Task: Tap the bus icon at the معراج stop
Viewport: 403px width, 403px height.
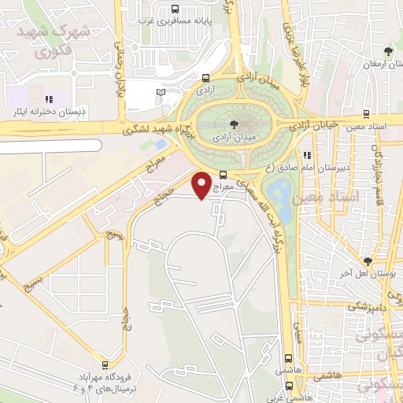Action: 223,175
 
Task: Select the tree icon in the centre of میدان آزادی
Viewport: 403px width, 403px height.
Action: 233,124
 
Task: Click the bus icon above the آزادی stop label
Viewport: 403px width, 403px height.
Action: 205,79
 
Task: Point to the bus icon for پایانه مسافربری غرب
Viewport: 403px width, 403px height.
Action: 173,9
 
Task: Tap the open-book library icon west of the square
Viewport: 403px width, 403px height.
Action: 161,93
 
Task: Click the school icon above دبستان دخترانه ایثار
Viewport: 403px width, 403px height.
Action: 48,99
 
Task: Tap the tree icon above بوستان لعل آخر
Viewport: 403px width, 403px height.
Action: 367,261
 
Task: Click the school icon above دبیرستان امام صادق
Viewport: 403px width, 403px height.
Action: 308,155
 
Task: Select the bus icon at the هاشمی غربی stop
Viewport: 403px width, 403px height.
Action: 290,386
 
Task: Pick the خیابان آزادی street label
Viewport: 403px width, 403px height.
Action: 315,124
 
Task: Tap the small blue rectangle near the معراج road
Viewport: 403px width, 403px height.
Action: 161,144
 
